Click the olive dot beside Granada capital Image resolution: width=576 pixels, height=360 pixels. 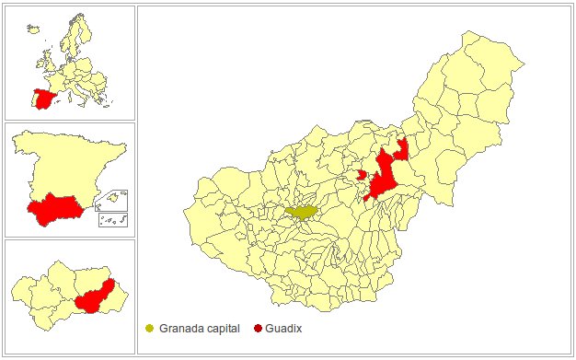150,329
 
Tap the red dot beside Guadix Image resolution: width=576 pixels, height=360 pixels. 258,329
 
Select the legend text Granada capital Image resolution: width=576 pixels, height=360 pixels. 199,329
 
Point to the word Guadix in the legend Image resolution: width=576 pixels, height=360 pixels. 285,329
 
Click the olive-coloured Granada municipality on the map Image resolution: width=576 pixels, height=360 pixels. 302,212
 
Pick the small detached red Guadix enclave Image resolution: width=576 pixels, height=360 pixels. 362,173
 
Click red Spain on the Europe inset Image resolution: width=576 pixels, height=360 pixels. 43,99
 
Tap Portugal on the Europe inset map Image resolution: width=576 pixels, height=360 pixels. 34,100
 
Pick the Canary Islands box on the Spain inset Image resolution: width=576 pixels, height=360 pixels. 113,219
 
